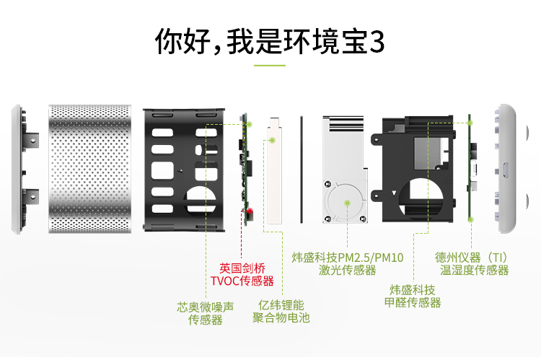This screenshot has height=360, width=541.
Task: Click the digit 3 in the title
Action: [x=376, y=41]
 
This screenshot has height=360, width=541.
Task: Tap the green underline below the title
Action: [x=270, y=66]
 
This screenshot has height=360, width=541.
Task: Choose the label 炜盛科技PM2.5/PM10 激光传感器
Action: [x=348, y=263]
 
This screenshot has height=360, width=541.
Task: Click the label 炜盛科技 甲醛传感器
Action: [x=413, y=296]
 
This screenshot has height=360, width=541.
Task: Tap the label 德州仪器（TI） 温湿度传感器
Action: [x=472, y=263]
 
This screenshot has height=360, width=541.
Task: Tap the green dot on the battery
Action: [x=272, y=141]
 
